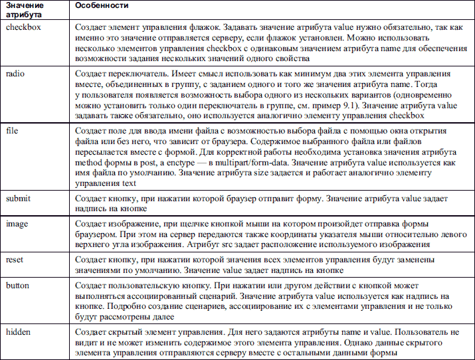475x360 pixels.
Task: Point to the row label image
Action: coord(17,224)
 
